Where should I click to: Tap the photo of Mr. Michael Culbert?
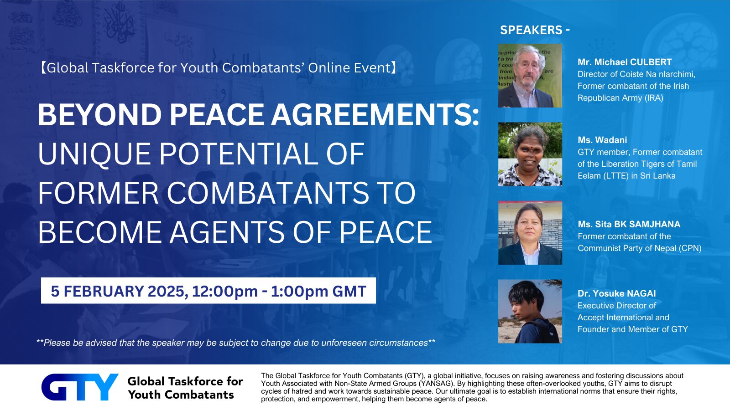coord(530,76)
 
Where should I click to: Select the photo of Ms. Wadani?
coord(530,154)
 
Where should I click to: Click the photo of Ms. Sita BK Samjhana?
coord(530,233)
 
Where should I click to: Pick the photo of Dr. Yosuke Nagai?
coord(530,311)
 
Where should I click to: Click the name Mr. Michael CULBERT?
coord(624,62)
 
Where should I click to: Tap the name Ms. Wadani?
coord(602,140)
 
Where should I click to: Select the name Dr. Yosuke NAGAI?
coord(616,293)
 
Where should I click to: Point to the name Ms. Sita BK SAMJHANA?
coord(629,224)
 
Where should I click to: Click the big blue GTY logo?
coord(79,387)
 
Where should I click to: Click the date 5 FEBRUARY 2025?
coord(118,291)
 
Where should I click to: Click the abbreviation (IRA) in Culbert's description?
coord(653,97)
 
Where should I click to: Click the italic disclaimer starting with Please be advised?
coord(235,343)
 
